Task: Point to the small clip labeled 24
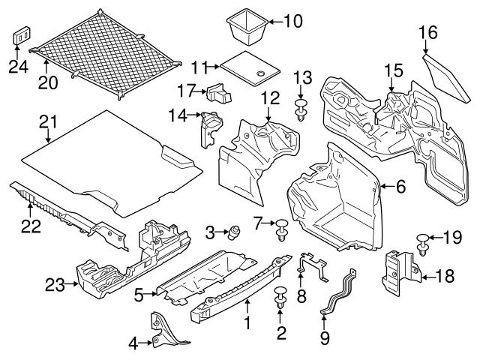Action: coord(22,36)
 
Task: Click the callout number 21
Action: coord(49,121)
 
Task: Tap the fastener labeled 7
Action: coord(281,228)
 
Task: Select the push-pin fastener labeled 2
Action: coord(282,295)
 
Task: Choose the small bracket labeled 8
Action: coord(313,265)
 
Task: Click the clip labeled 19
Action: coord(423,242)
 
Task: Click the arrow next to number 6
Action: coord(385,186)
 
